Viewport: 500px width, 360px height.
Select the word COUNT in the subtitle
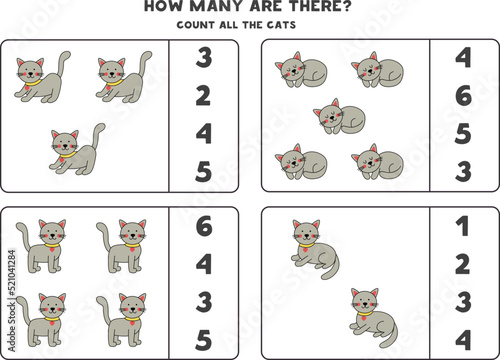point(195,25)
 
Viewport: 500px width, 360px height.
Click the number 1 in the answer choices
point(463,226)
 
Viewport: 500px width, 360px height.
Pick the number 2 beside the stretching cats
point(203,96)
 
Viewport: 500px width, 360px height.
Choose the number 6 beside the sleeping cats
point(463,96)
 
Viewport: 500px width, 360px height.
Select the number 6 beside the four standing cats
point(204,226)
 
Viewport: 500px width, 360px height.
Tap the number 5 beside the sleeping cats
point(463,134)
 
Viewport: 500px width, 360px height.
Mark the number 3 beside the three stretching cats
point(204,58)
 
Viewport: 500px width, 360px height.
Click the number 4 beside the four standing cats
point(204,264)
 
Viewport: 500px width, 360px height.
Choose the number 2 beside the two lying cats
point(463,264)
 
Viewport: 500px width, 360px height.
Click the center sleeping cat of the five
point(339,116)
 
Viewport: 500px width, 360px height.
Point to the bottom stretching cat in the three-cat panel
point(77,149)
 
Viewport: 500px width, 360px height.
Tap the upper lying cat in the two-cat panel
point(315,249)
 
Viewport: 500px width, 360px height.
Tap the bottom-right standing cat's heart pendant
point(132,323)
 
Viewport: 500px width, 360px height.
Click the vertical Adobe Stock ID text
point(12,301)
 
